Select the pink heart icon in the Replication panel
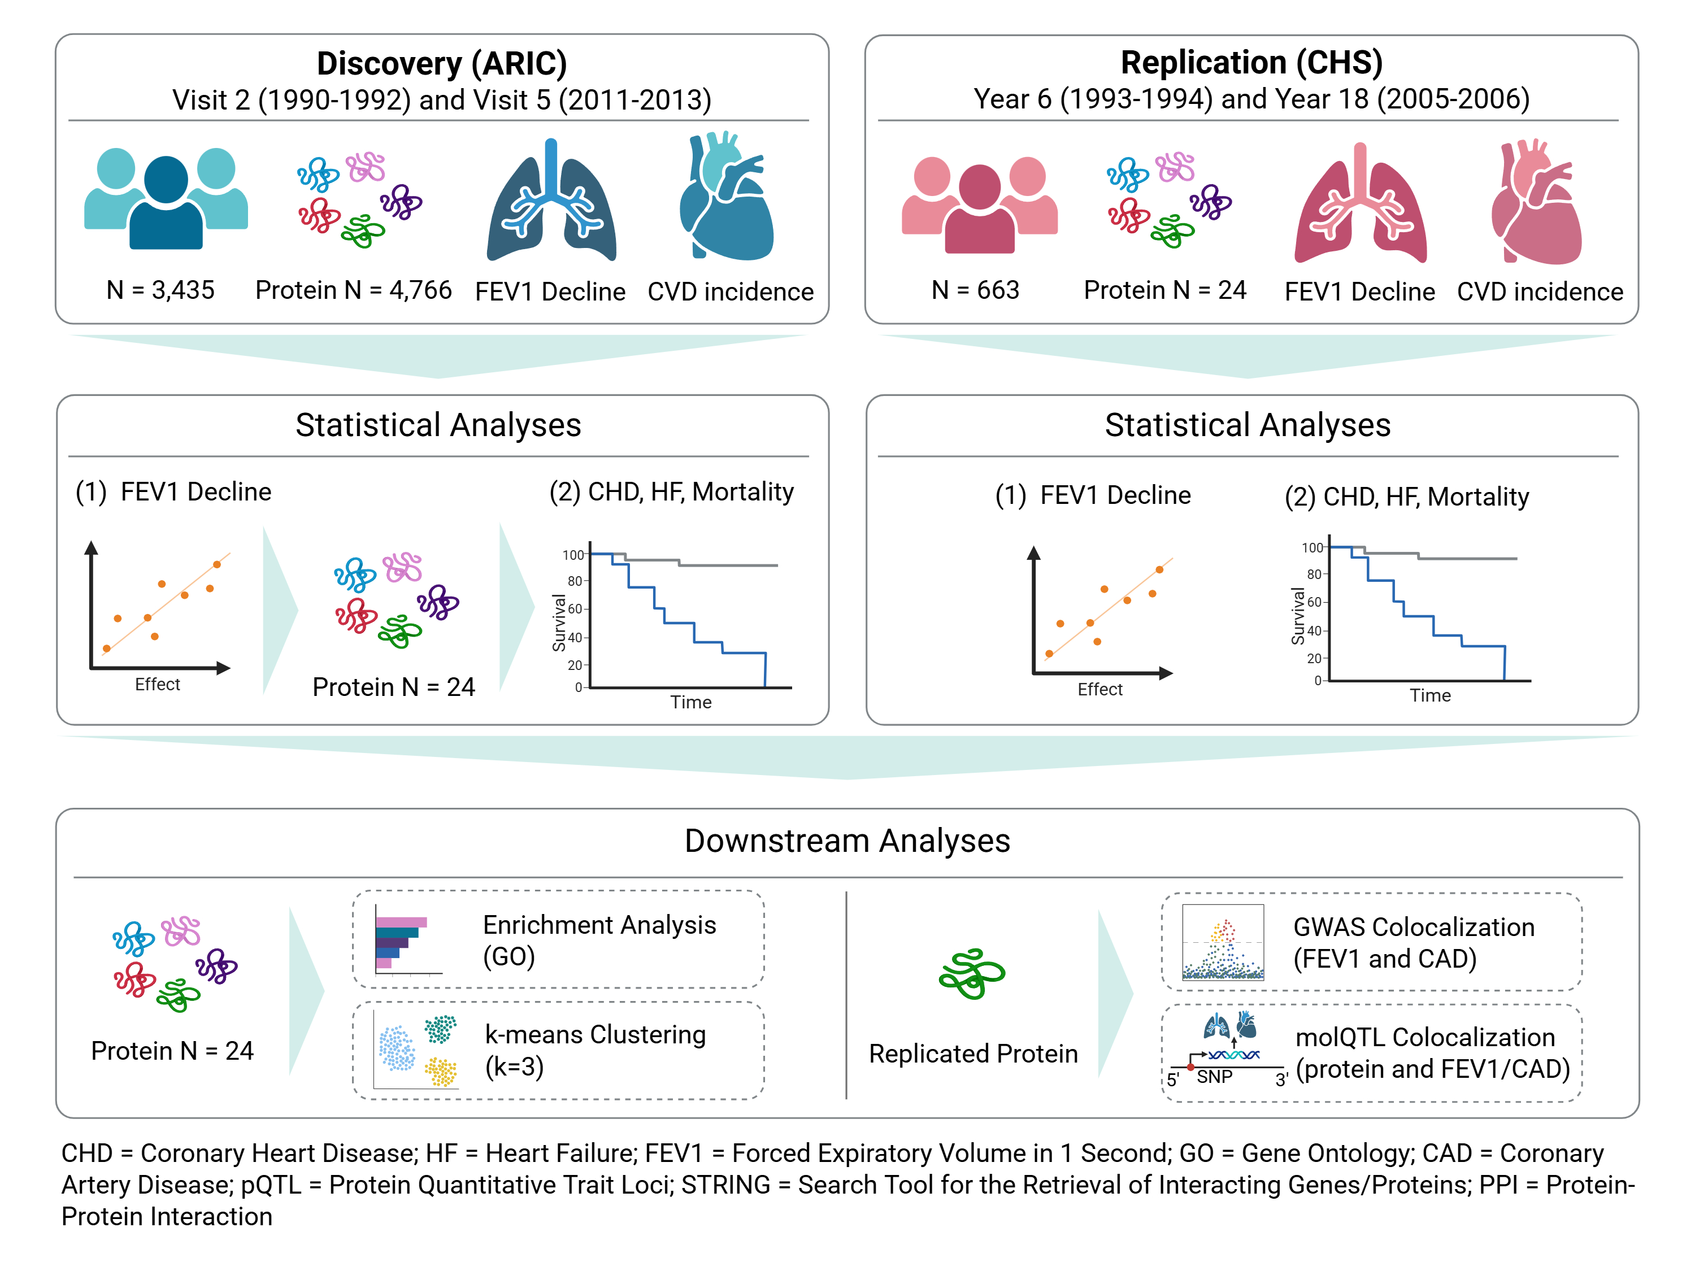click(x=1536, y=203)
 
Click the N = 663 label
click(x=975, y=290)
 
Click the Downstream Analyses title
click(x=847, y=841)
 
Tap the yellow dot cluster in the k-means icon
click(x=441, y=1072)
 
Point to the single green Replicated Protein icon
click(x=972, y=974)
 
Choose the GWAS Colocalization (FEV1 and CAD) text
click(x=1413, y=942)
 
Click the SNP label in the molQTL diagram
click(x=1215, y=1077)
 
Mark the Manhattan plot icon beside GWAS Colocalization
click(x=1223, y=942)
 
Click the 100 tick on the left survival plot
click(x=572, y=555)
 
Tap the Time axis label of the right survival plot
click(x=1430, y=695)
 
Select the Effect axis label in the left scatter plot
click(x=157, y=684)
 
